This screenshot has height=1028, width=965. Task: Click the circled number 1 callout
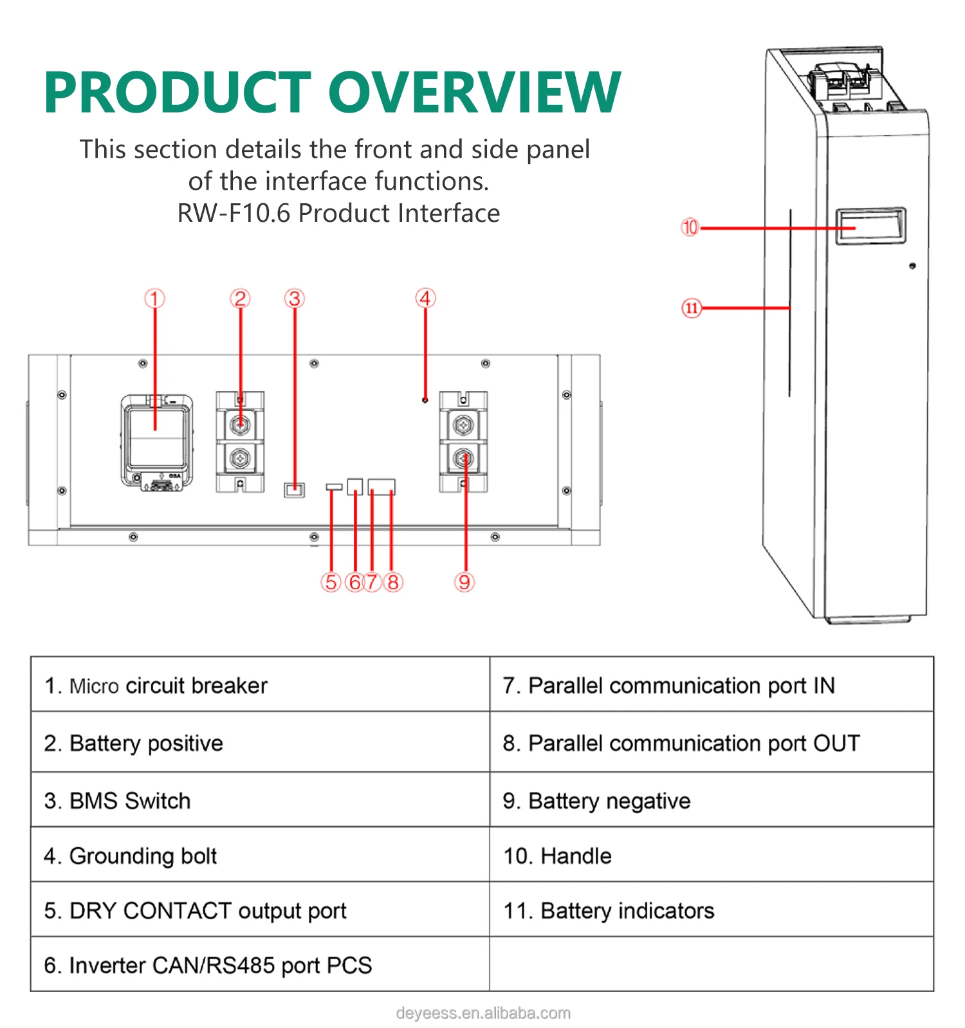(x=154, y=298)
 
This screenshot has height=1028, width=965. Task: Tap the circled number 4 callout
(x=425, y=298)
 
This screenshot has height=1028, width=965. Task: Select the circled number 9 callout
(x=464, y=582)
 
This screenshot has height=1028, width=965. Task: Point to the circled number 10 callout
(x=690, y=227)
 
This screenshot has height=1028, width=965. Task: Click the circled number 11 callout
(x=691, y=308)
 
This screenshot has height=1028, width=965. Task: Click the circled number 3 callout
(x=294, y=298)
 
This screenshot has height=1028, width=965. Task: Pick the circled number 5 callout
(x=331, y=582)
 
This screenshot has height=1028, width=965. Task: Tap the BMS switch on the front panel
(x=294, y=490)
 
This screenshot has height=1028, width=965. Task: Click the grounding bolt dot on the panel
(x=425, y=400)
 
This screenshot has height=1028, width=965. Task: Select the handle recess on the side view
(x=870, y=226)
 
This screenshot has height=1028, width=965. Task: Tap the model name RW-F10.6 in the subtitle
(x=234, y=214)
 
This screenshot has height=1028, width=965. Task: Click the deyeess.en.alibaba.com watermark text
(x=483, y=1013)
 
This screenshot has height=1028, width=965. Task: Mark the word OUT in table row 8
(x=836, y=743)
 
